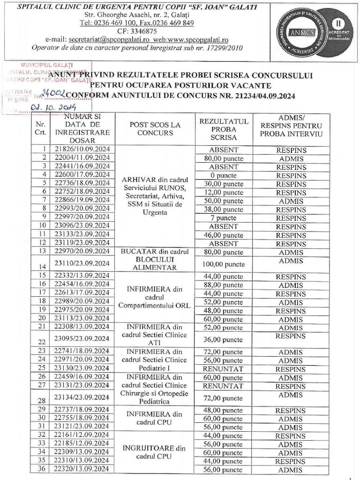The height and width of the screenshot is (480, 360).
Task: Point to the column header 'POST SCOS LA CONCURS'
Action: [155, 129]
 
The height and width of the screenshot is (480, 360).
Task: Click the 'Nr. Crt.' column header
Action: [41, 129]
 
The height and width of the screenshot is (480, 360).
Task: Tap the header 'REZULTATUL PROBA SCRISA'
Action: [224, 129]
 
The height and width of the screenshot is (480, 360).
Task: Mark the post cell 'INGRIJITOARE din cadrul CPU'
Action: [155, 452]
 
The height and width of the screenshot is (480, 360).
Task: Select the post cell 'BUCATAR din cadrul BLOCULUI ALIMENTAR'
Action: [155, 260]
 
